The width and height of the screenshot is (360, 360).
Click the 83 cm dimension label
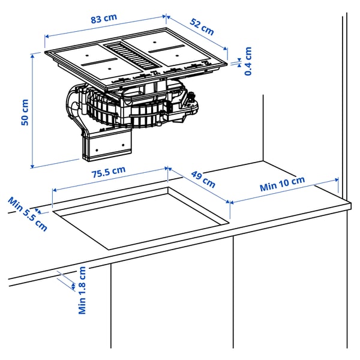[103, 17]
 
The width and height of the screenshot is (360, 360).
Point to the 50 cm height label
[25, 112]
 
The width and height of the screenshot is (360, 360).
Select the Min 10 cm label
[282, 184]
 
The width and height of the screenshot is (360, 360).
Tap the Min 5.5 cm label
[27, 212]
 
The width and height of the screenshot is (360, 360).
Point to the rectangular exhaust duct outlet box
[107, 145]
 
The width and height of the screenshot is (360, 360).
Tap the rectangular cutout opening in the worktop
[141, 216]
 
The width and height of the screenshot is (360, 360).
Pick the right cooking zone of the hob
[180, 53]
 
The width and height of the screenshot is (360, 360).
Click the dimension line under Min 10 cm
[284, 191]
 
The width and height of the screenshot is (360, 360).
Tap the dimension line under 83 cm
[105, 28]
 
